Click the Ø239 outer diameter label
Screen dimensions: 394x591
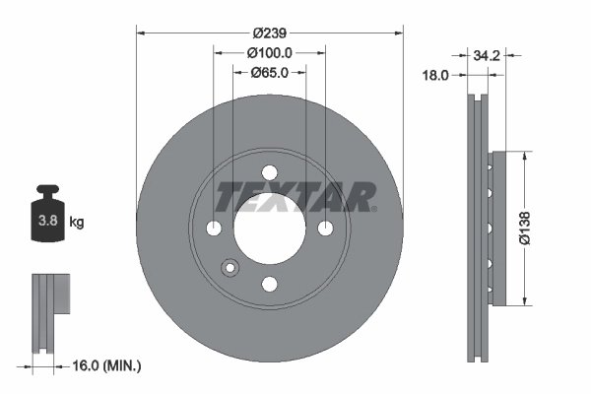(270, 33)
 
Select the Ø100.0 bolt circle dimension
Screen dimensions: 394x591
(270, 51)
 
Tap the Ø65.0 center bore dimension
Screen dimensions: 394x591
(270, 71)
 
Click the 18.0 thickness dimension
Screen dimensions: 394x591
(436, 74)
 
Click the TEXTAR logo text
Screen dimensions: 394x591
(295, 196)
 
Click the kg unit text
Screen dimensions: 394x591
(77, 223)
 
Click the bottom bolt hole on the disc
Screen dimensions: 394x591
(270, 285)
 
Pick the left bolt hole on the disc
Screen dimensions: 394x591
(214, 229)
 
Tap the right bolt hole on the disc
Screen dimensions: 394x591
(326, 229)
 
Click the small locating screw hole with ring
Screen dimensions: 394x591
(230, 267)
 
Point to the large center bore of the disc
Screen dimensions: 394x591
(270, 229)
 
